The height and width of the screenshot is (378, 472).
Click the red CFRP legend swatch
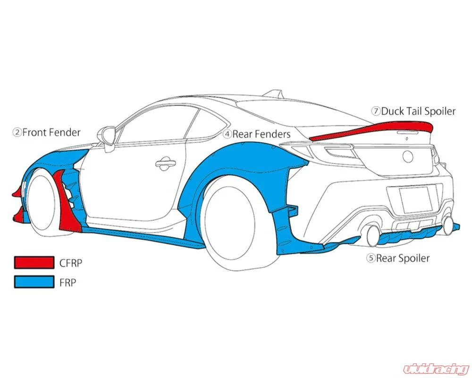pos(34,262)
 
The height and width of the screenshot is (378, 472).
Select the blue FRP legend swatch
pos(34,282)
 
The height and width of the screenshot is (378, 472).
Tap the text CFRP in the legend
pos(71,263)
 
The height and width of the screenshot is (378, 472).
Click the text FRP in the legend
pos(67,283)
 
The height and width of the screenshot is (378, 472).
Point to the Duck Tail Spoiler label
pos(413,111)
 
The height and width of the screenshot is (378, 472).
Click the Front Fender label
pos(47,132)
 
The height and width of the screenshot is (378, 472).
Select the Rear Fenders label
pos(257,134)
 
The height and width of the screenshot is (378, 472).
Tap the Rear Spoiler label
pos(397,258)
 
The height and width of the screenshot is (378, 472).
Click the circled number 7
pos(376,111)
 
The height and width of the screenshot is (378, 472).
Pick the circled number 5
pos(371,258)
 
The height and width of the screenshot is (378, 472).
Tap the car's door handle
pos(165,163)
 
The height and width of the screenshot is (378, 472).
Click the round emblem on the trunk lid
pos(408,157)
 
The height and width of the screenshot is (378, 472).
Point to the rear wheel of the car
pos(229,223)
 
